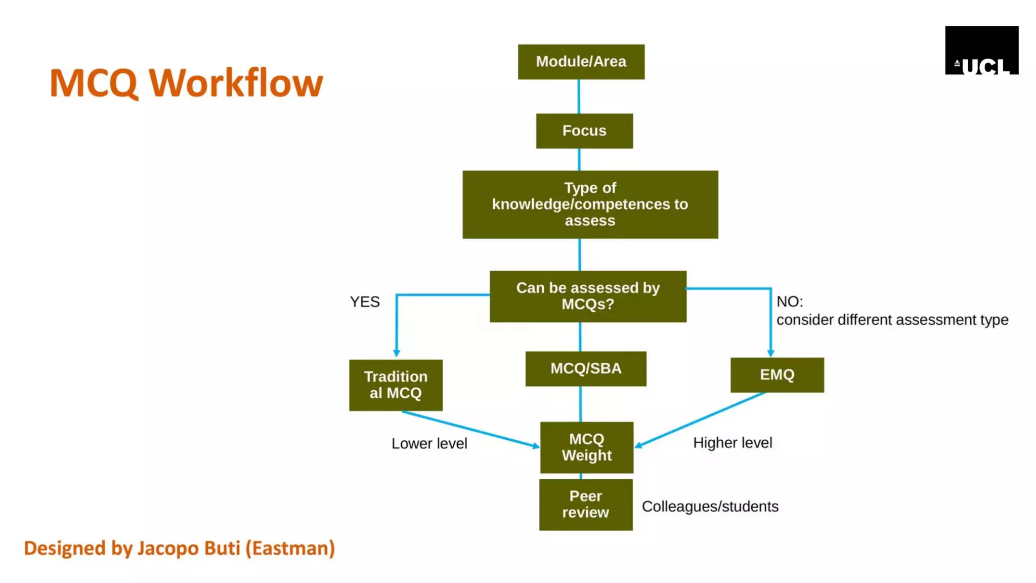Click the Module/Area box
[x=581, y=62]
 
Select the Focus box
[x=584, y=131]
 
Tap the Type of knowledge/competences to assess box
[x=590, y=204]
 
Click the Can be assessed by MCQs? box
[x=588, y=296]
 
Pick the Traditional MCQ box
[x=396, y=385]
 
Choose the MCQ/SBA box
[x=585, y=368]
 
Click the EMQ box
[x=776, y=375]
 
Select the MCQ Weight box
[x=586, y=447]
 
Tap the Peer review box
[x=585, y=505]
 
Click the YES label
[x=365, y=302]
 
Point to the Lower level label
[x=429, y=444]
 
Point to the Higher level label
[x=732, y=443]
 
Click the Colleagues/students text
[x=710, y=507]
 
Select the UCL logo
[x=981, y=51]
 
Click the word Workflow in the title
[x=236, y=83]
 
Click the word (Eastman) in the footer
[x=290, y=549]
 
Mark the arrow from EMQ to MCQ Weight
[x=701, y=420]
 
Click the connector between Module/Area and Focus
[x=579, y=96]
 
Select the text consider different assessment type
[x=892, y=320]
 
